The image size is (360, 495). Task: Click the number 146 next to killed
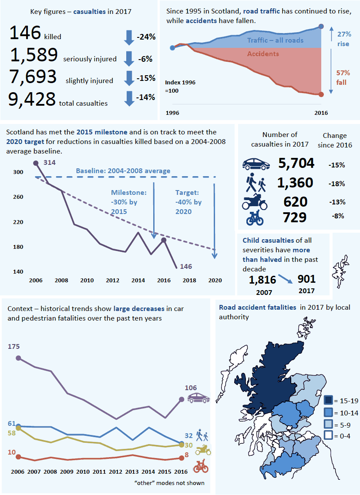(25, 33)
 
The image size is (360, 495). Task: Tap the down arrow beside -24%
(129, 37)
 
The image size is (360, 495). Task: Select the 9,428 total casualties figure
(32, 99)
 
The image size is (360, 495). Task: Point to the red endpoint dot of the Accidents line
(321, 94)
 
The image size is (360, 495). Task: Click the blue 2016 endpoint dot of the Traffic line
(321, 27)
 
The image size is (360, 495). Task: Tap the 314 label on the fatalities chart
(50, 162)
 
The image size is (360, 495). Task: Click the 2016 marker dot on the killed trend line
(164, 240)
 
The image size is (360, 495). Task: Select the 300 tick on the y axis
(18, 172)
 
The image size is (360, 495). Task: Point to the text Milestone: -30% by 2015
(128, 202)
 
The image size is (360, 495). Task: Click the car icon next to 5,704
(256, 164)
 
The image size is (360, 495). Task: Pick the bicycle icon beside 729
(255, 218)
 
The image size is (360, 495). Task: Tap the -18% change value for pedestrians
(336, 184)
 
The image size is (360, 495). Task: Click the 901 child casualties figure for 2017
(306, 279)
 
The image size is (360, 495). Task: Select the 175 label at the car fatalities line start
(14, 347)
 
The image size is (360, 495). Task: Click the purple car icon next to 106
(198, 398)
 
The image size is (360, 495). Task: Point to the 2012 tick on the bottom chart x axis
(116, 472)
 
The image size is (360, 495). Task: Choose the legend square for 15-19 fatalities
(328, 400)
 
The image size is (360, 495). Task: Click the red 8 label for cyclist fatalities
(187, 455)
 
